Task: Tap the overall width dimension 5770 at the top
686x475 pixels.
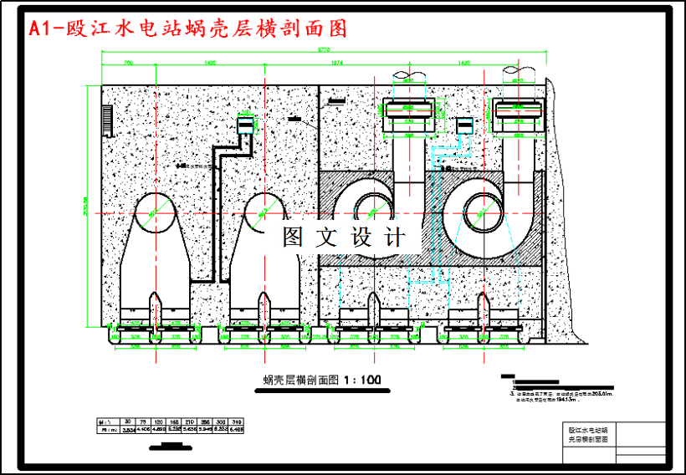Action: [x=334, y=51]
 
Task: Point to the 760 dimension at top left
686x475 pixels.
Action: [x=128, y=63]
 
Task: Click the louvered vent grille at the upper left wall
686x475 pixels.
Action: [x=108, y=119]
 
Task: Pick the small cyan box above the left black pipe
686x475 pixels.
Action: [x=246, y=127]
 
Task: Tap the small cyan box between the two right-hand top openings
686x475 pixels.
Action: [x=463, y=126]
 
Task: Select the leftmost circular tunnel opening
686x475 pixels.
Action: [x=155, y=212]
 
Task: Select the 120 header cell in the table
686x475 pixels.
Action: [x=159, y=421]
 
